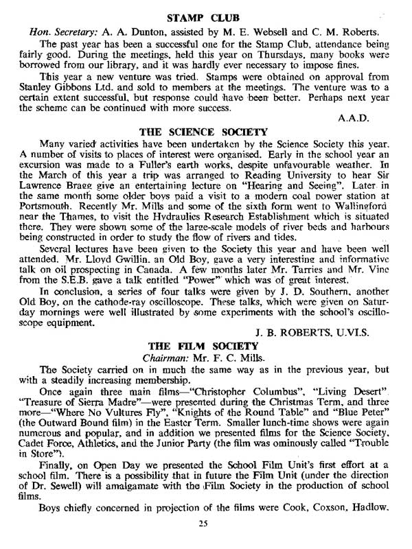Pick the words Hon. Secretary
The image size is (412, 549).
[61, 31]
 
